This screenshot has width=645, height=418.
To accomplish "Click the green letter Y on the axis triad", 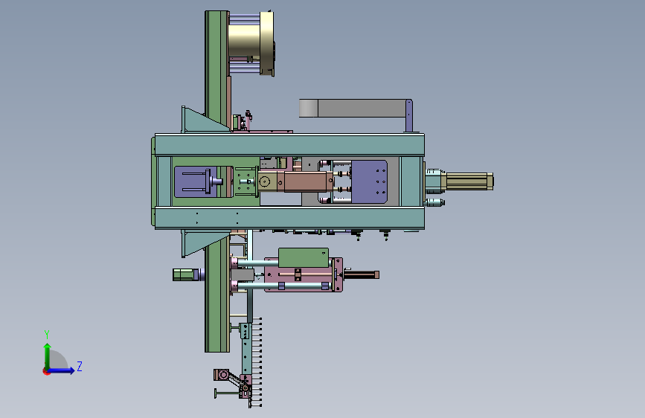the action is [x=47, y=334].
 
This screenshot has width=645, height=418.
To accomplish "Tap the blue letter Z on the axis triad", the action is [x=80, y=366].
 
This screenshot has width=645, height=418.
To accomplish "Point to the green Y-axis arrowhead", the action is [x=48, y=347].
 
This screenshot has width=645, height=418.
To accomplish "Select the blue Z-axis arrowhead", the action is [x=72, y=370].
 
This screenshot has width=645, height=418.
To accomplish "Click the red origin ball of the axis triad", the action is [x=46, y=371].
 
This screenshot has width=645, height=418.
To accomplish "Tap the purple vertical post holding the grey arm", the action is [x=409, y=116].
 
